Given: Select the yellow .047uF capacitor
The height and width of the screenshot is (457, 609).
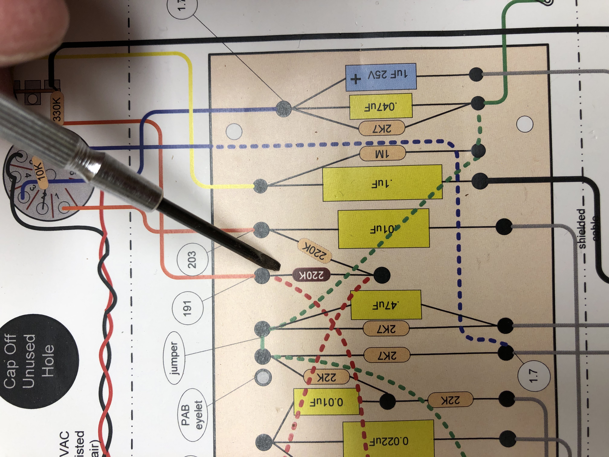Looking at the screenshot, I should (381, 106).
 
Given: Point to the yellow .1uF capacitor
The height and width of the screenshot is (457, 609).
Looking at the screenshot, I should (382, 183).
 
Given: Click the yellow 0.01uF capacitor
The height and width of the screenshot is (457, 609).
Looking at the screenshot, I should (326, 402).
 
